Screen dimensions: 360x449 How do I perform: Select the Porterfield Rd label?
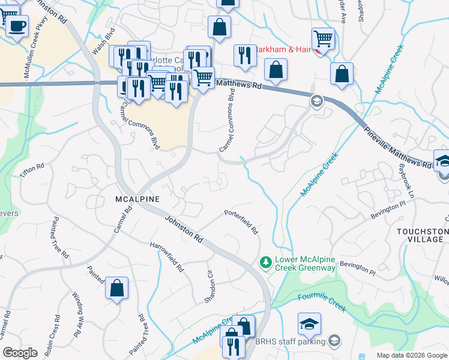[241, 221]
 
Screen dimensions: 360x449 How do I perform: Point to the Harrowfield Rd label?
[167, 257]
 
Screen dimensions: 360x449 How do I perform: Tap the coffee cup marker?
[18, 26]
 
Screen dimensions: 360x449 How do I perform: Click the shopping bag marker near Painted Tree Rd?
[116, 288]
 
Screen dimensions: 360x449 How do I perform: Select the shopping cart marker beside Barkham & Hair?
[323, 39]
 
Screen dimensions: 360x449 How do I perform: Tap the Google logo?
[20, 353]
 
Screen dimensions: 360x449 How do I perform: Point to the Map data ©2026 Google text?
[411, 355]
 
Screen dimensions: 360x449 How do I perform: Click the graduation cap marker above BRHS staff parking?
[309, 324]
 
